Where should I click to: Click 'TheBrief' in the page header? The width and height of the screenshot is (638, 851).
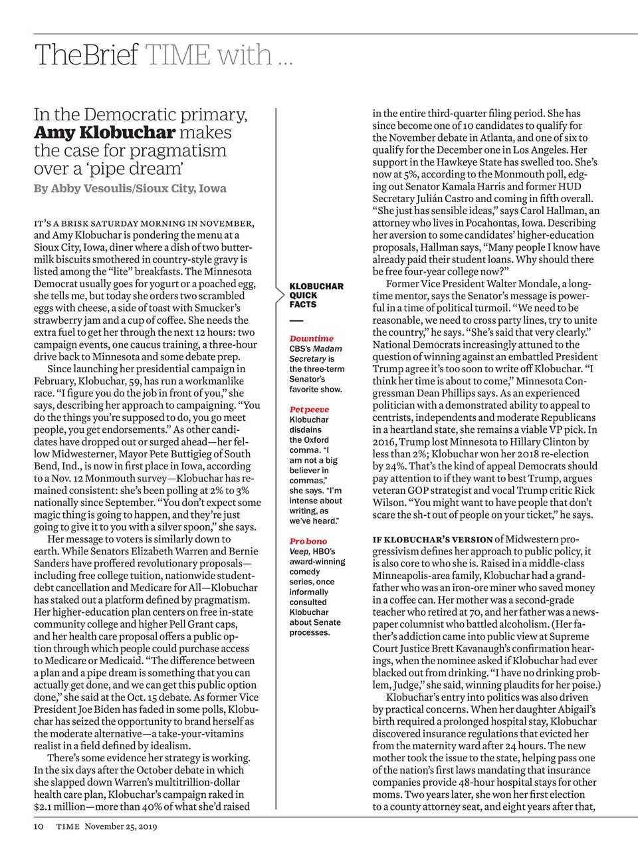point(86,55)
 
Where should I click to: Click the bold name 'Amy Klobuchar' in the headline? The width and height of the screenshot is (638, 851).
point(104,132)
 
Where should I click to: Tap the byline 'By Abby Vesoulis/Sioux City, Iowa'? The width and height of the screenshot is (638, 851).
point(130,188)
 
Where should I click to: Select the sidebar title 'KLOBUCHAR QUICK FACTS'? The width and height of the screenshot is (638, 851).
point(316,295)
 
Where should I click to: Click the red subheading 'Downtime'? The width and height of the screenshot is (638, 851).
point(311,338)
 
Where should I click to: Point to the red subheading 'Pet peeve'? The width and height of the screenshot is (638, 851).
point(309,410)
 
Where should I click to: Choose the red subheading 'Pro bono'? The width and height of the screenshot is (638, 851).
point(308,541)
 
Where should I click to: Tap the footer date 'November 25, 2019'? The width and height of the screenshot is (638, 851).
point(126,826)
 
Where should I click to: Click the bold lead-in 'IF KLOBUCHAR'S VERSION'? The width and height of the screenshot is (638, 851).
point(432,539)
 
